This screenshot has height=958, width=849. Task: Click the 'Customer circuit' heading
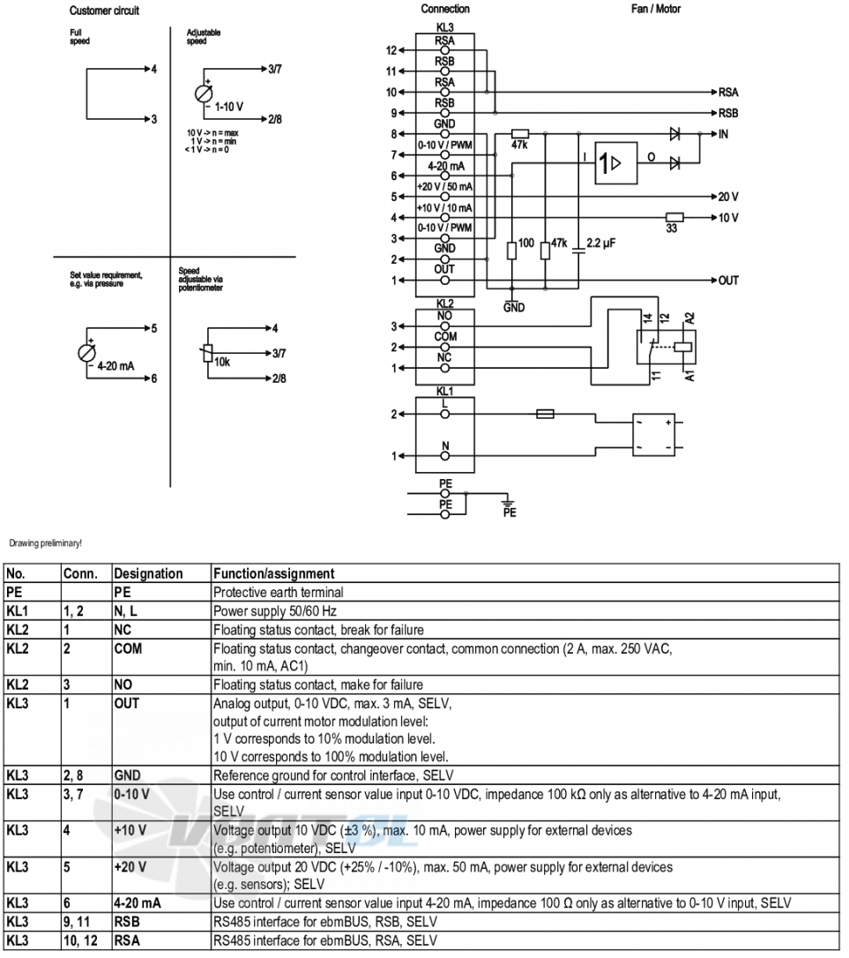point(104,11)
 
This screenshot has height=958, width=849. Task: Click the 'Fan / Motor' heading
point(655,9)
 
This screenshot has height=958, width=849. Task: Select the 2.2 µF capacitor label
point(601,243)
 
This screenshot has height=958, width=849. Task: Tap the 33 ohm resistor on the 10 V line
point(674,217)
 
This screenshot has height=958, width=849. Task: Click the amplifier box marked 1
point(616,163)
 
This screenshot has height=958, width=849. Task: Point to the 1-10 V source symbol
point(204,94)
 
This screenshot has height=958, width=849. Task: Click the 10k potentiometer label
point(221,363)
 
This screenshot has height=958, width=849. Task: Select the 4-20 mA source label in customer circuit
point(115,366)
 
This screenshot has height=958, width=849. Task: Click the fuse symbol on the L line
point(545,415)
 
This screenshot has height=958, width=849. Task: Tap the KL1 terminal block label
point(444,391)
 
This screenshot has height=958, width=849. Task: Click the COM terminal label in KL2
point(445,337)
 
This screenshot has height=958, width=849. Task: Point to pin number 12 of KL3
point(391,50)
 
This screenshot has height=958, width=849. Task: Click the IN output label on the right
point(723,134)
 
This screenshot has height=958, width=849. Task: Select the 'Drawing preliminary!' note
point(45,543)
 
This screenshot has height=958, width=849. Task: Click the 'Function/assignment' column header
point(273,573)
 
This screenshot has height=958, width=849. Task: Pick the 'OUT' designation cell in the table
point(126,704)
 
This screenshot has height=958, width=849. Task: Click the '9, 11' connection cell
point(77,922)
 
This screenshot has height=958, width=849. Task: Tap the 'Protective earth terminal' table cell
point(278,593)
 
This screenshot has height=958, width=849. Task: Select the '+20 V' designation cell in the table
point(130,867)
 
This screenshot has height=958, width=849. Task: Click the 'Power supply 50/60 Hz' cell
point(275,611)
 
